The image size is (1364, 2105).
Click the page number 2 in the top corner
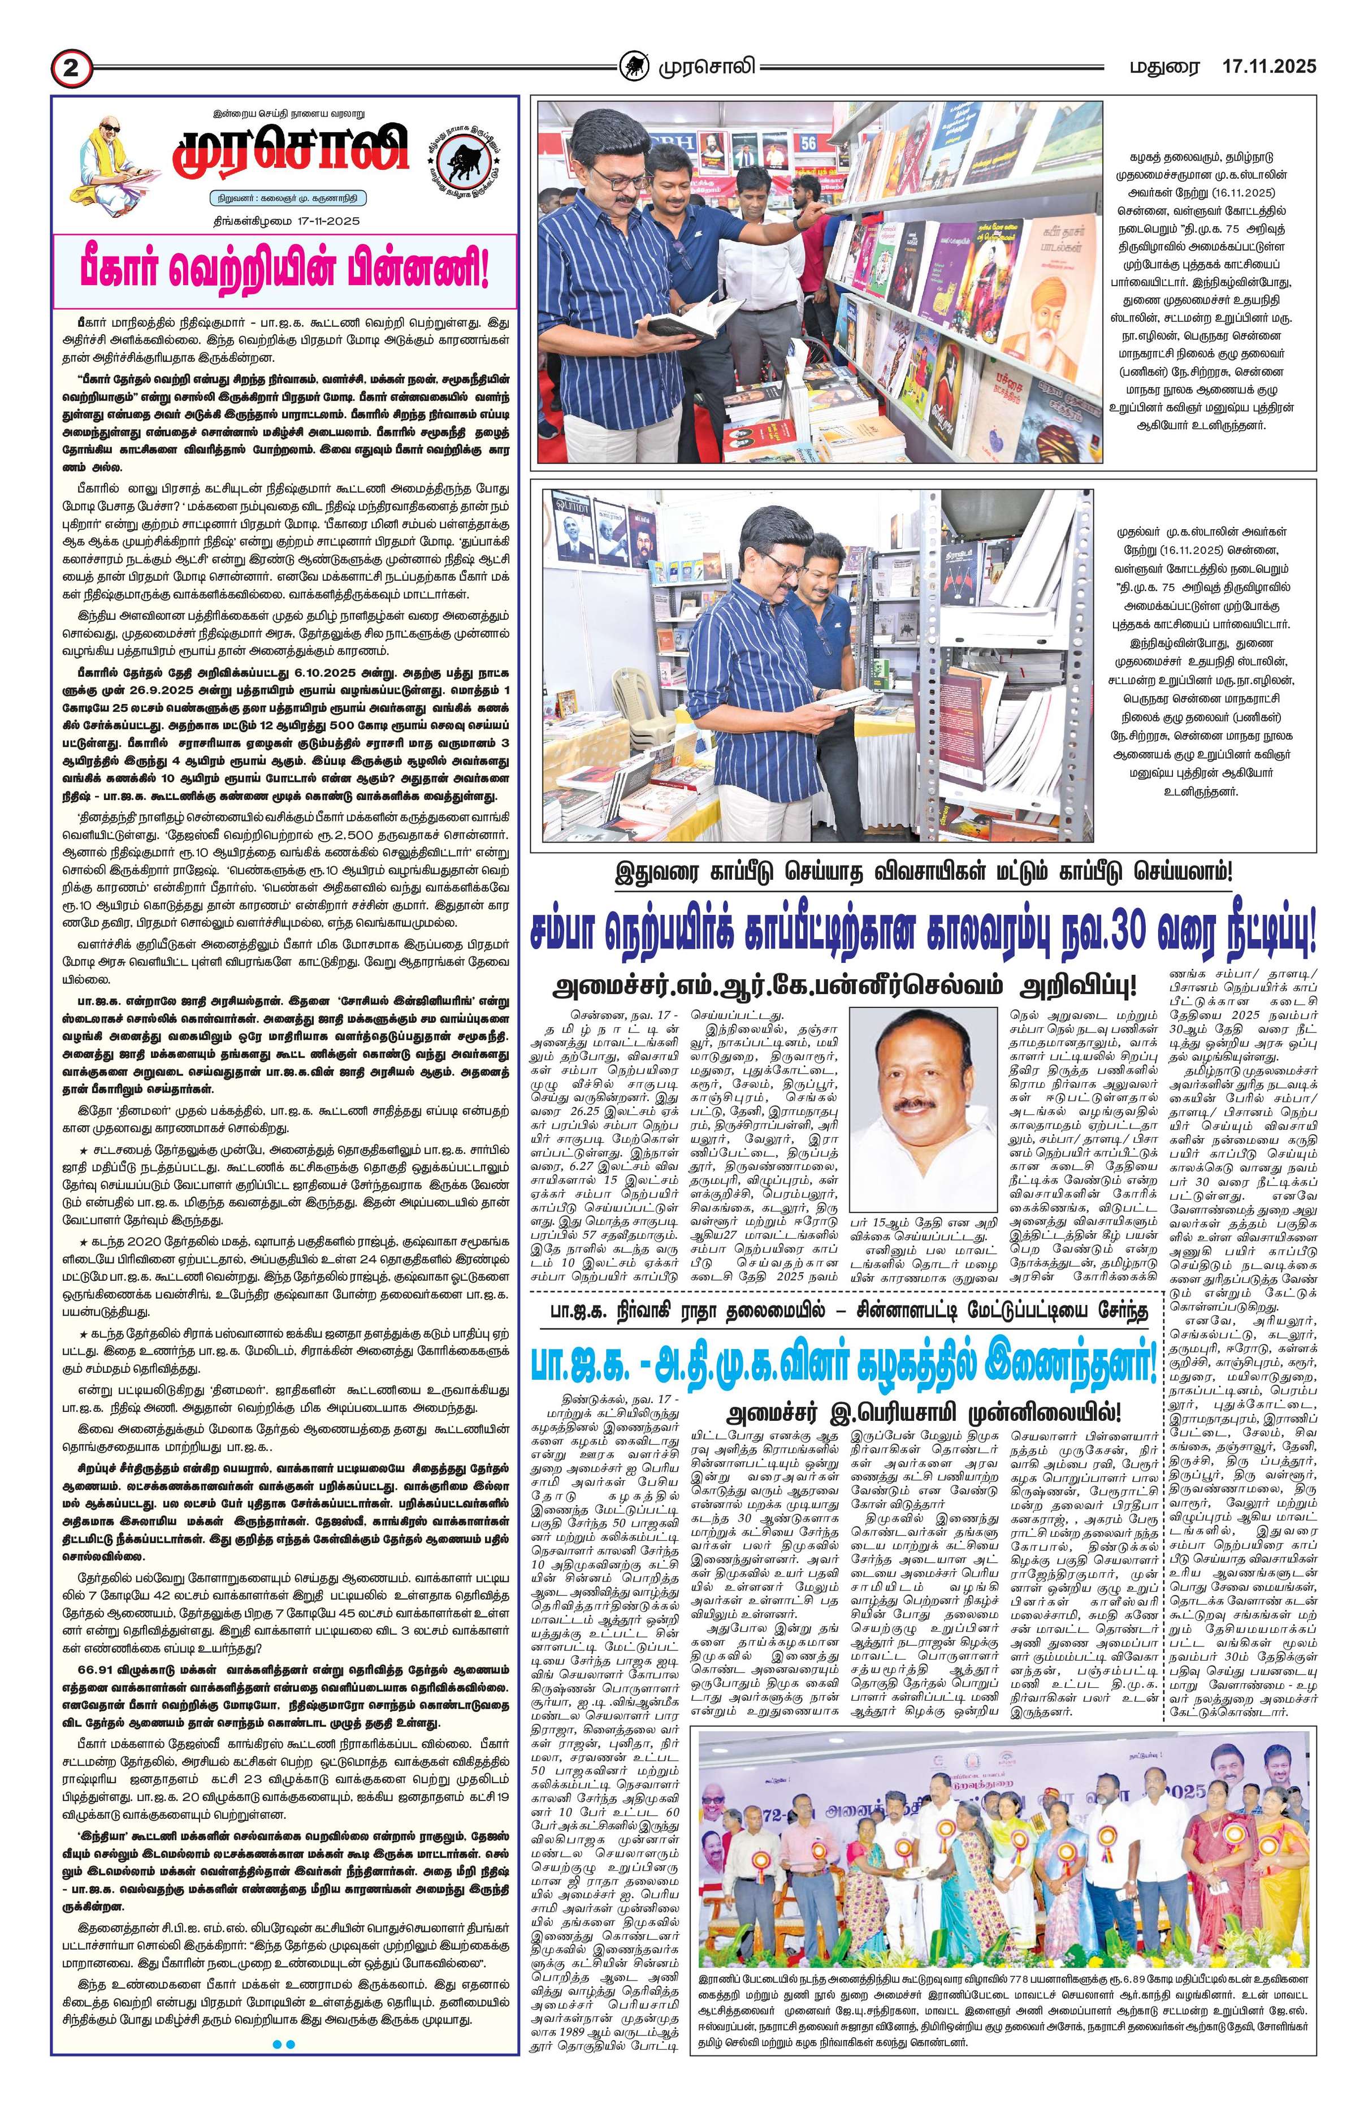point(73,68)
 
